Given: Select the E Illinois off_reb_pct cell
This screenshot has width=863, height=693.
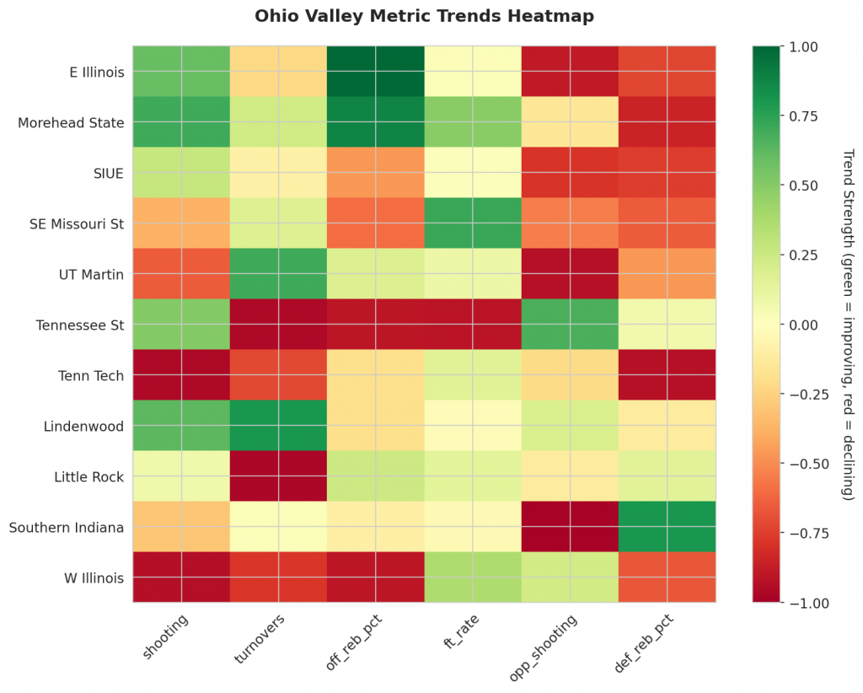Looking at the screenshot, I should pos(376,72).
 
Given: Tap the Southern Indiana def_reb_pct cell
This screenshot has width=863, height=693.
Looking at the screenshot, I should pos(667,527).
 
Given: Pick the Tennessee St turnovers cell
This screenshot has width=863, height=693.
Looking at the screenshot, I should pos(278,325).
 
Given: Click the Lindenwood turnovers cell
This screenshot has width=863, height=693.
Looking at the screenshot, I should pos(278,426).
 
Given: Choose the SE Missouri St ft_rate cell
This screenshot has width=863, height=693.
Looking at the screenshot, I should pos(473,223).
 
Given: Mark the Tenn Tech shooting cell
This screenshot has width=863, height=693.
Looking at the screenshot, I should pos(181,375).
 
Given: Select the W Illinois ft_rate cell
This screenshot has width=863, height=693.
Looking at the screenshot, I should pos(473,577).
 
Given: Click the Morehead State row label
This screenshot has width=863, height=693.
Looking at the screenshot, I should pos(71,123).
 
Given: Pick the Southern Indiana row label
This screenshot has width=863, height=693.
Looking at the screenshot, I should pos(67,528).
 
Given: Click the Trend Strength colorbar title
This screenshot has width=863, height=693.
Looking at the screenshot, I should pos(847,325).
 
